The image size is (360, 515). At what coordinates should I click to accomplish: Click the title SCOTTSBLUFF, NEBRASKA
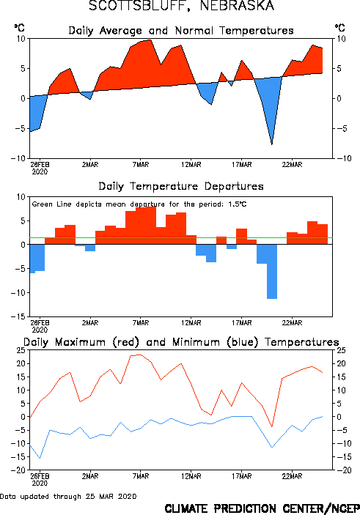[x=181, y=6]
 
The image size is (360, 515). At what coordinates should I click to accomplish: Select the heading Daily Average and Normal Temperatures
[x=181, y=31]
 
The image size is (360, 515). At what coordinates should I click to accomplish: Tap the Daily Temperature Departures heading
[x=181, y=187]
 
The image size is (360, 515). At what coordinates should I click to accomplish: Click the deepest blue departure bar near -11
[x=272, y=271]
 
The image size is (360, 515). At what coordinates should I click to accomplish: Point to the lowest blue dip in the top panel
[x=272, y=144]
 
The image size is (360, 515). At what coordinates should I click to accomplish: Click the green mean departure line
[x=181, y=237]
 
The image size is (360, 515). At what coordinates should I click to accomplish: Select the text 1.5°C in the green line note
[x=237, y=204]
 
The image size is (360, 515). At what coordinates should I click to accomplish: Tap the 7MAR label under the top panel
[x=141, y=165]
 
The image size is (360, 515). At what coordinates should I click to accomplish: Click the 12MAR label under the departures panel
[x=191, y=323]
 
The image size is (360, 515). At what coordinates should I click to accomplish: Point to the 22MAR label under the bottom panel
[x=292, y=476]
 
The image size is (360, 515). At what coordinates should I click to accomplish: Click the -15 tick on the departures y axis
[x=18, y=316]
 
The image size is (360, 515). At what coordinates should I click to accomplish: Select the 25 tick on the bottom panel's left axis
[x=20, y=350]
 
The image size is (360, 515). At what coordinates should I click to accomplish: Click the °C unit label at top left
[x=19, y=28]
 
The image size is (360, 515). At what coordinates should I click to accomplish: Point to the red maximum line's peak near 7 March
[x=140, y=355]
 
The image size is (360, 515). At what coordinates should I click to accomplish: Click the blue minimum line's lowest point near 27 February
[x=40, y=458]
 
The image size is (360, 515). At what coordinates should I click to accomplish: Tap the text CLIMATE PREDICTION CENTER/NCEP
[x=262, y=508]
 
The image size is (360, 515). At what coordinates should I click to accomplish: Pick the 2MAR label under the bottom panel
[x=90, y=476]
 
